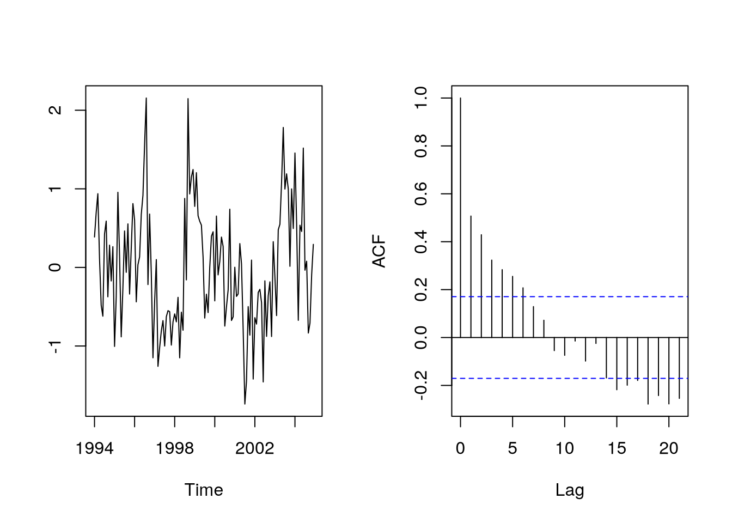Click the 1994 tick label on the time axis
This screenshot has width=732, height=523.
click(95, 448)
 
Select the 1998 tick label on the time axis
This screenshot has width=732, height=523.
click(174, 448)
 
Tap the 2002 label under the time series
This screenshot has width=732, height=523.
click(254, 448)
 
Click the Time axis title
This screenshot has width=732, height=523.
click(204, 490)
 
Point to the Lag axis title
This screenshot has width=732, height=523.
click(570, 490)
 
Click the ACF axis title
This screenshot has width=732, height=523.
click(379, 251)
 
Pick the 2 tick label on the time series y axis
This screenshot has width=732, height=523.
click(55, 110)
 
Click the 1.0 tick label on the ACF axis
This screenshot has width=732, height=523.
click(421, 98)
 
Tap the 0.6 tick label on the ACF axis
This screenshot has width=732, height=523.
click(421, 194)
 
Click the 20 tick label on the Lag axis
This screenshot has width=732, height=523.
click(669, 448)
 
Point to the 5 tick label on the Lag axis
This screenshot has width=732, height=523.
click(513, 448)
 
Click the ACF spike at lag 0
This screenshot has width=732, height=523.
click(461, 218)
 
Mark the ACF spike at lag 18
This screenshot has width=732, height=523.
click(648, 370)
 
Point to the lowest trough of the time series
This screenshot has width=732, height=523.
click(245, 404)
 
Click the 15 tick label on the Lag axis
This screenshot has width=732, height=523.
click(617, 448)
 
